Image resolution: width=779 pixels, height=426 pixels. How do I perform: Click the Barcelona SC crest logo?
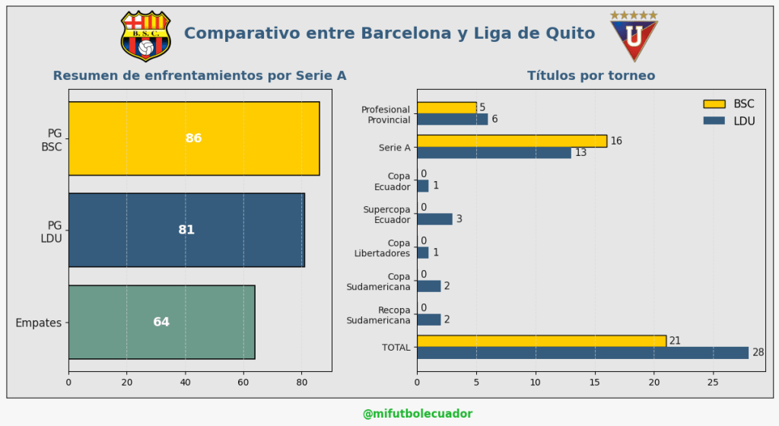tap(146, 35)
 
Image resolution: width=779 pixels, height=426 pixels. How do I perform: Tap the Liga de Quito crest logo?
tap(634, 37)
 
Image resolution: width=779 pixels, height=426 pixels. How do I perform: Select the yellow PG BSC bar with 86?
tap(194, 138)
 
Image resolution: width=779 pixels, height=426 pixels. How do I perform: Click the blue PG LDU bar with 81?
tap(186, 230)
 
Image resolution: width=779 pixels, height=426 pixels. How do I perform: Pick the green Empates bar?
tap(161, 322)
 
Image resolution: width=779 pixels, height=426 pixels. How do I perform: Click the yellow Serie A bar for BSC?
tap(511, 141)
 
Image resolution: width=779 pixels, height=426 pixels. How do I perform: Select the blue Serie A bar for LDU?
tap(494, 153)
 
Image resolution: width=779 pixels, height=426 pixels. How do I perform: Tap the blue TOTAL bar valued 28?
tap(582, 353)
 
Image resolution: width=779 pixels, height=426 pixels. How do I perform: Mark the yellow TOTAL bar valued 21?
tap(541, 341)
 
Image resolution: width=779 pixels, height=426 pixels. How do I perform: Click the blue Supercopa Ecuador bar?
tap(434, 219)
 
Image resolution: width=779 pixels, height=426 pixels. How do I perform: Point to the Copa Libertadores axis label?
tap(383, 248)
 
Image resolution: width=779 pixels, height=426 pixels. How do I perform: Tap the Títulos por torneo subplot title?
tap(591, 76)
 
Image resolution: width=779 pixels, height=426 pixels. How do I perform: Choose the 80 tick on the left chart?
tap(301, 383)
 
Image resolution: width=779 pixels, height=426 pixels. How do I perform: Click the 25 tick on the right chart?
tap(713, 383)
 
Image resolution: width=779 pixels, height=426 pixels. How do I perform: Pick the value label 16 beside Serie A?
tap(616, 141)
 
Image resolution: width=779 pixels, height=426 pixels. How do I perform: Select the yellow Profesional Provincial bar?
tap(447, 107)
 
